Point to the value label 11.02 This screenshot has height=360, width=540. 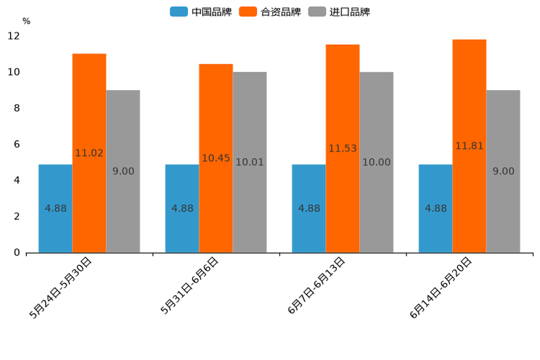click(89, 153)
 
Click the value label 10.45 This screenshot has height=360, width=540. click(216, 158)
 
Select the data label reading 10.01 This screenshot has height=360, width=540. click(250, 163)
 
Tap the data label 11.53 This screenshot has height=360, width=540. click(343, 149)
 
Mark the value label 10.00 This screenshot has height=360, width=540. click(377, 163)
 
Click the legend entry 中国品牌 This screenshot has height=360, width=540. click(201, 12)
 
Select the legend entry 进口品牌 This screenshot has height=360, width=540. click(339, 12)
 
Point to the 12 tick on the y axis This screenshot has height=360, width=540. click(14, 36)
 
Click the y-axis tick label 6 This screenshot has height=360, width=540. click(17, 144)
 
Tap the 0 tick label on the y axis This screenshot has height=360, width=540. click(17, 253)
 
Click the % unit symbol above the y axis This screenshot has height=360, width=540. click(26, 21)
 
